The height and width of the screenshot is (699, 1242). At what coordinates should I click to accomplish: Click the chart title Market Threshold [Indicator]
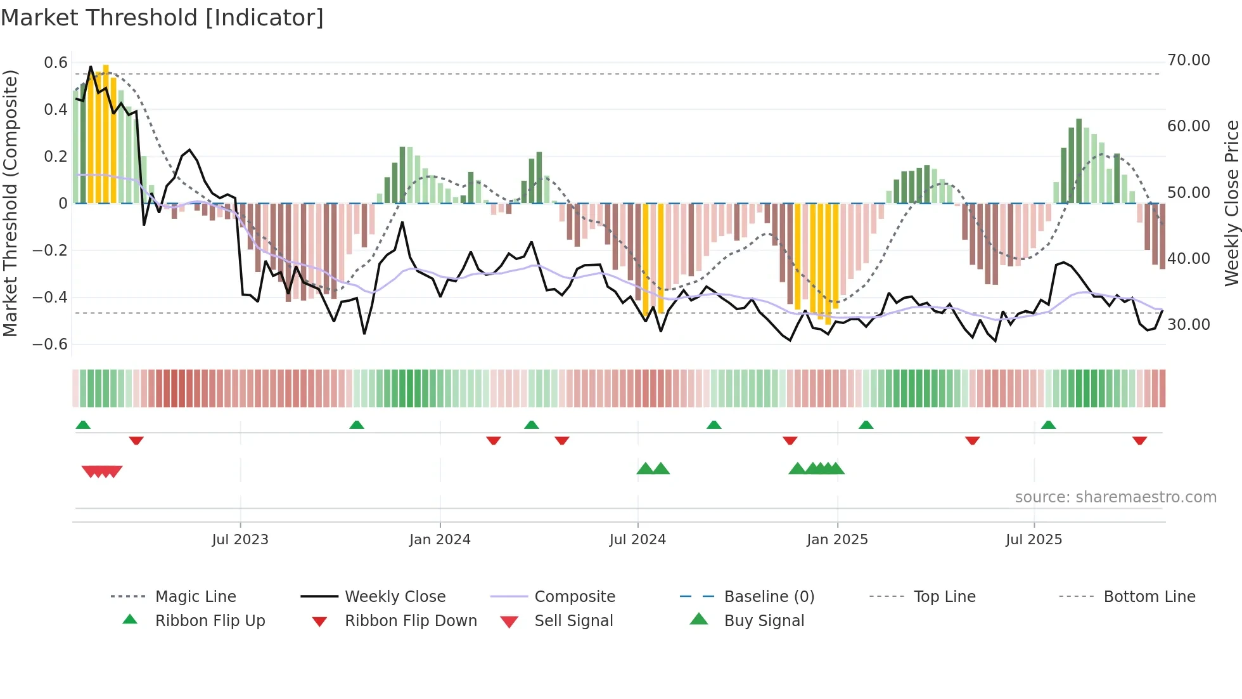162,18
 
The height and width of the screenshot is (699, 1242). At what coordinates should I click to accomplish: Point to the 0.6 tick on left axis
56,63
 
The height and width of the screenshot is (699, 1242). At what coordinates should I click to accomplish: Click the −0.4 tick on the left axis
50,297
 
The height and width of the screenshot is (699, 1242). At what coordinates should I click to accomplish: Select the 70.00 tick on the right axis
1188,60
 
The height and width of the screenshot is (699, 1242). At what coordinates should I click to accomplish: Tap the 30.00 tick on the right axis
1188,325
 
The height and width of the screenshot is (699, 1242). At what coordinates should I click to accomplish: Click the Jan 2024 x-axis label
440,540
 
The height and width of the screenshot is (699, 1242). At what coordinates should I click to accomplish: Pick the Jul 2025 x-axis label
1034,540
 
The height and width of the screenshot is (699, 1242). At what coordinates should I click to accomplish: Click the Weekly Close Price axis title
1231,203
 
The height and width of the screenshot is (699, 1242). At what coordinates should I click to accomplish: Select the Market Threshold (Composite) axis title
10,203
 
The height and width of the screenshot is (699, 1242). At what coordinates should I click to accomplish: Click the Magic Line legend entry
195,597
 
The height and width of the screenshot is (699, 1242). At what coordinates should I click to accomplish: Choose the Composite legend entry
574,597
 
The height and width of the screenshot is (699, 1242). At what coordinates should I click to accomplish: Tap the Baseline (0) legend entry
769,597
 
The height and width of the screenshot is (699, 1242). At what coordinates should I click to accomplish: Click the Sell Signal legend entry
573,621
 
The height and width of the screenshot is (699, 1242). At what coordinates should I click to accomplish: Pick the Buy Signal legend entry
764,621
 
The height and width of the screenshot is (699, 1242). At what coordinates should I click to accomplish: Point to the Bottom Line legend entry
1149,597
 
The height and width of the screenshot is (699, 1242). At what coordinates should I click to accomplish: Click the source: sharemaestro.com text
1115,497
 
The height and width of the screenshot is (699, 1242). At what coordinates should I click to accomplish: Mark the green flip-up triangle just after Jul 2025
1048,425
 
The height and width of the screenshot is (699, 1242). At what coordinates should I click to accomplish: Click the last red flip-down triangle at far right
1139,440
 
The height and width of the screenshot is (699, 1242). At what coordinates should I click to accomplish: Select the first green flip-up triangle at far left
83,425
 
